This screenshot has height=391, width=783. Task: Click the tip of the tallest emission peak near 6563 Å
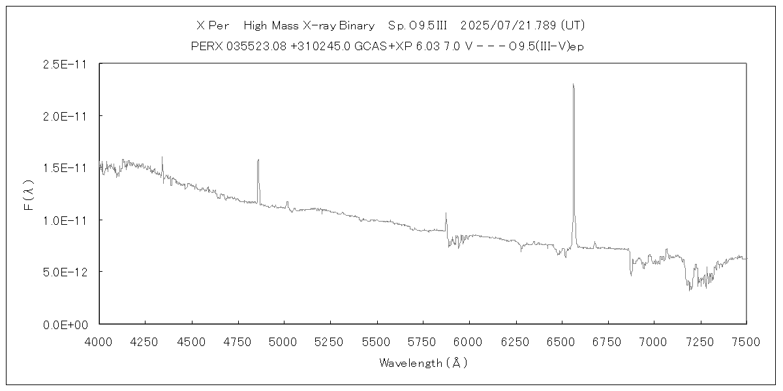pyautogui.click(x=573, y=84)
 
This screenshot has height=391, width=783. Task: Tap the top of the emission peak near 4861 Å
pyautogui.click(x=258, y=160)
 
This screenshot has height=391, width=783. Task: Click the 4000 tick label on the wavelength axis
pyautogui.click(x=99, y=341)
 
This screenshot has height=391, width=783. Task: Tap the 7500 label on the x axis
pyautogui.click(x=746, y=341)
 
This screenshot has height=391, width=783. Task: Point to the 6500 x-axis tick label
pyautogui.click(x=562, y=341)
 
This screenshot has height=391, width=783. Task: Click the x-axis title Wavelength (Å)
pyautogui.click(x=423, y=363)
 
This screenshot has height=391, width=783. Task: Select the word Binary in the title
pyautogui.click(x=356, y=26)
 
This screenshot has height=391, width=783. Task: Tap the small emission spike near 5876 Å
pyautogui.click(x=446, y=213)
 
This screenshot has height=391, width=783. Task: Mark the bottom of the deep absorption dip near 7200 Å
pyautogui.click(x=690, y=289)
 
